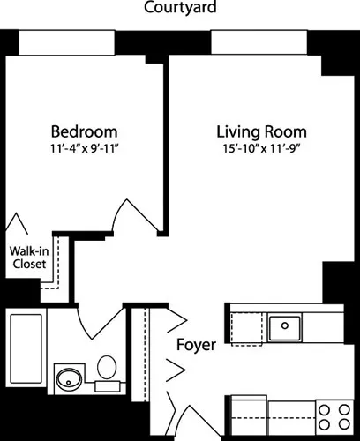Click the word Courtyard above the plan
click(180, 9)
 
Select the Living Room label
click(261, 132)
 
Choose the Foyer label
click(195, 345)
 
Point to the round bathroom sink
click(68, 380)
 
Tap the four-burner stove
click(333, 415)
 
